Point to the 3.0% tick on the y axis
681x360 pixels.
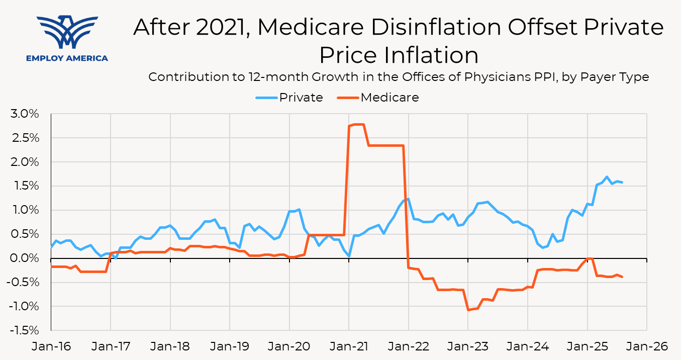[x=25, y=114]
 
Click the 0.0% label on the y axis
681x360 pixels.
[x=25, y=258]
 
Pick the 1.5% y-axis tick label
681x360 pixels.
[x=25, y=186]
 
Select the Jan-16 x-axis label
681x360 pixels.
[x=51, y=346]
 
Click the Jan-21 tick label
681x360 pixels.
[x=349, y=346]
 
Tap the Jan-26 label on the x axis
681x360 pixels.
[x=646, y=346]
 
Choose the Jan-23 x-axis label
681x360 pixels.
[x=468, y=346]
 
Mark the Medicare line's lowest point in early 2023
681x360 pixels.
[x=468, y=310]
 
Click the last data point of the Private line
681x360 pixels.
[x=622, y=182]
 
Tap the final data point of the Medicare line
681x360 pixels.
[x=622, y=277]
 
